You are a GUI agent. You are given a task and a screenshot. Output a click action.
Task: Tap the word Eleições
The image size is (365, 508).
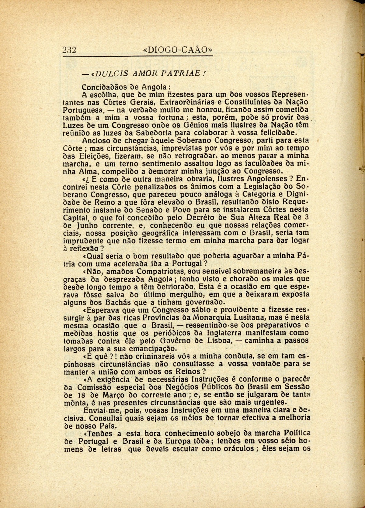tap(97, 157)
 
